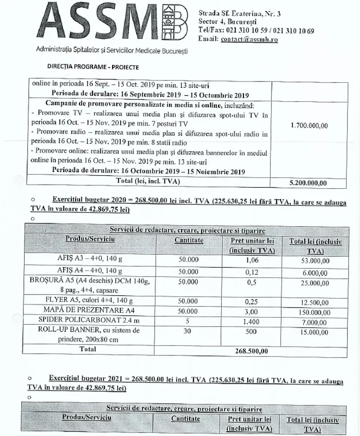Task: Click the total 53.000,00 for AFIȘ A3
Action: (315, 260)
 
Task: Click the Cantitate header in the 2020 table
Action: (189, 241)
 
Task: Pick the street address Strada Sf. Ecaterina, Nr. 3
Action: (240, 14)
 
